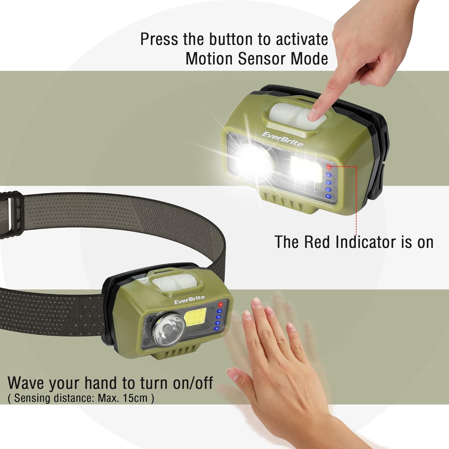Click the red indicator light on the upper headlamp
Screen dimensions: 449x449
click(329, 167)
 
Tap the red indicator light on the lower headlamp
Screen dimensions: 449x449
click(221, 305)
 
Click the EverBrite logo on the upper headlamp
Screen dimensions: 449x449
click(282, 139)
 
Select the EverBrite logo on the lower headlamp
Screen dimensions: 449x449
click(189, 300)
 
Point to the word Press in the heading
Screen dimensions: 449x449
click(159, 39)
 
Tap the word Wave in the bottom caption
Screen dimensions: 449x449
click(26, 383)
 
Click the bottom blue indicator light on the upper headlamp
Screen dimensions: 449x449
click(328, 196)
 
